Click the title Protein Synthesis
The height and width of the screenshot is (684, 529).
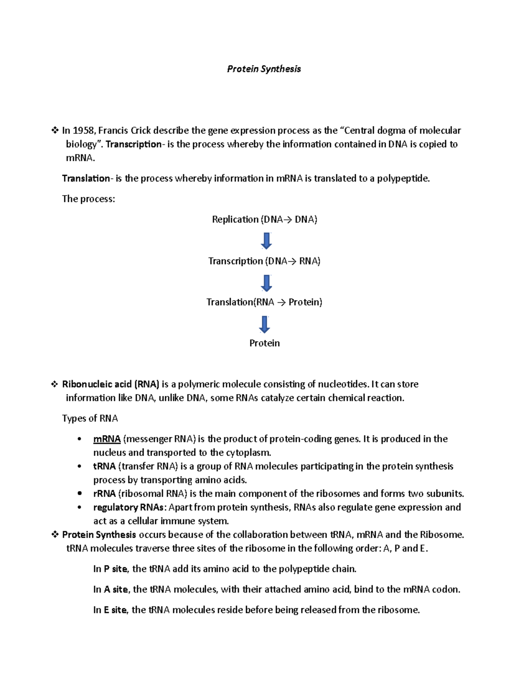264,69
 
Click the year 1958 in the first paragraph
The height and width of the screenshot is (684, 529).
83,130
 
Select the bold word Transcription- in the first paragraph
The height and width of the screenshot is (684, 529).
134,144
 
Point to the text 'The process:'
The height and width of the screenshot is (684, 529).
88,199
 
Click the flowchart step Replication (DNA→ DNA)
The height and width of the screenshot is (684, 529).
264,219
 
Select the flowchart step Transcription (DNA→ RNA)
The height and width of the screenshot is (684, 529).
264,261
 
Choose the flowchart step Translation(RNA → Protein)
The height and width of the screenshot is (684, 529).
264,302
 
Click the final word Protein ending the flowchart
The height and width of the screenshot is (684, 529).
264,343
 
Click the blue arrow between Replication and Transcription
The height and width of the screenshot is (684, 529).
266,240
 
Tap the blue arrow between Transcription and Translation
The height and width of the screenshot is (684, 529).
266,283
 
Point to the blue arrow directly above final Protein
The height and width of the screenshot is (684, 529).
264,324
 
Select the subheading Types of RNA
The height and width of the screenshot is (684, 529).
90,418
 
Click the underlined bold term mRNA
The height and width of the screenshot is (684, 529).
107,439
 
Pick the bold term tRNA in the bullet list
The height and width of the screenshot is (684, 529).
104,466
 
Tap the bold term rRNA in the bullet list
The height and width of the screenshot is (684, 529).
104,494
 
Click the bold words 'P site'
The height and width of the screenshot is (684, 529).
115,569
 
